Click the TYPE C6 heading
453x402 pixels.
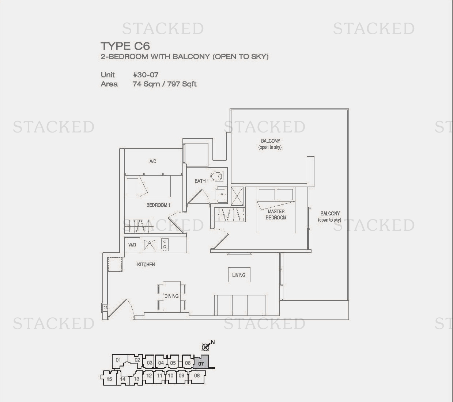(x=125, y=46)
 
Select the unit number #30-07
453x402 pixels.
(x=146, y=74)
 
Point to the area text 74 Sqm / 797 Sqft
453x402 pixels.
(x=165, y=84)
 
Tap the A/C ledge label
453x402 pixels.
(x=153, y=161)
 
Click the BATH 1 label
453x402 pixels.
(x=201, y=181)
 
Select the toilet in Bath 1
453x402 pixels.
(x=217, y=176)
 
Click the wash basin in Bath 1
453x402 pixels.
(x=221, y=194)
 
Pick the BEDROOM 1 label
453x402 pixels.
(x=159, y=205)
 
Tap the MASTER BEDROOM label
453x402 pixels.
(x=276, y=214)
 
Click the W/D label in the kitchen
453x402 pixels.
(x=132, y=245)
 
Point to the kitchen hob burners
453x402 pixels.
(x=165, y=245)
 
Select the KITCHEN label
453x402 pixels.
(x=146, y=264)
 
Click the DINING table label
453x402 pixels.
(x=171, y=296)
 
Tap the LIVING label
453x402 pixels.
(x=239, y=275)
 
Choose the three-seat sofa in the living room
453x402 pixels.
(x=240, y=305)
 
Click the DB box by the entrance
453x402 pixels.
(x=105, y=308)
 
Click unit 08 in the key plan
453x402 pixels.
(x=197, y=375)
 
